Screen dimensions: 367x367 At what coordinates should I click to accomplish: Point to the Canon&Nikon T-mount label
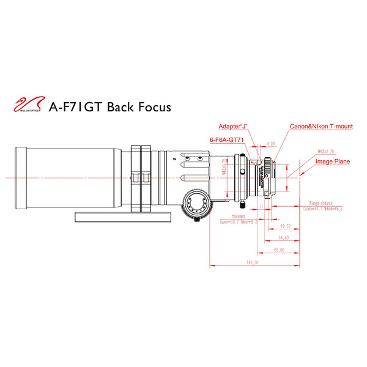321,126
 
